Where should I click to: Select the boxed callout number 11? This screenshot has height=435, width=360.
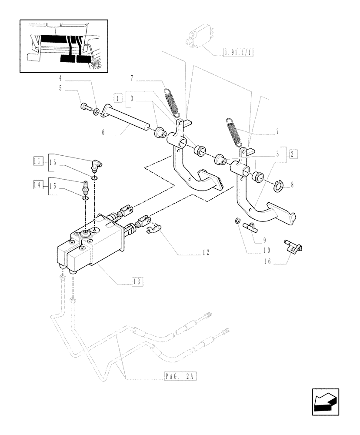pyautogui.click(x=37, y=162)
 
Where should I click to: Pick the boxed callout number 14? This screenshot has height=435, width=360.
pyautogui.click(x=37, y=184)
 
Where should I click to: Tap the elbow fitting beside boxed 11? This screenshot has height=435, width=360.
pyautogui.click(x=96, y=165)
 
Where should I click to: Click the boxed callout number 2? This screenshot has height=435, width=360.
pyautogui.click(x=293, y=154)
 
